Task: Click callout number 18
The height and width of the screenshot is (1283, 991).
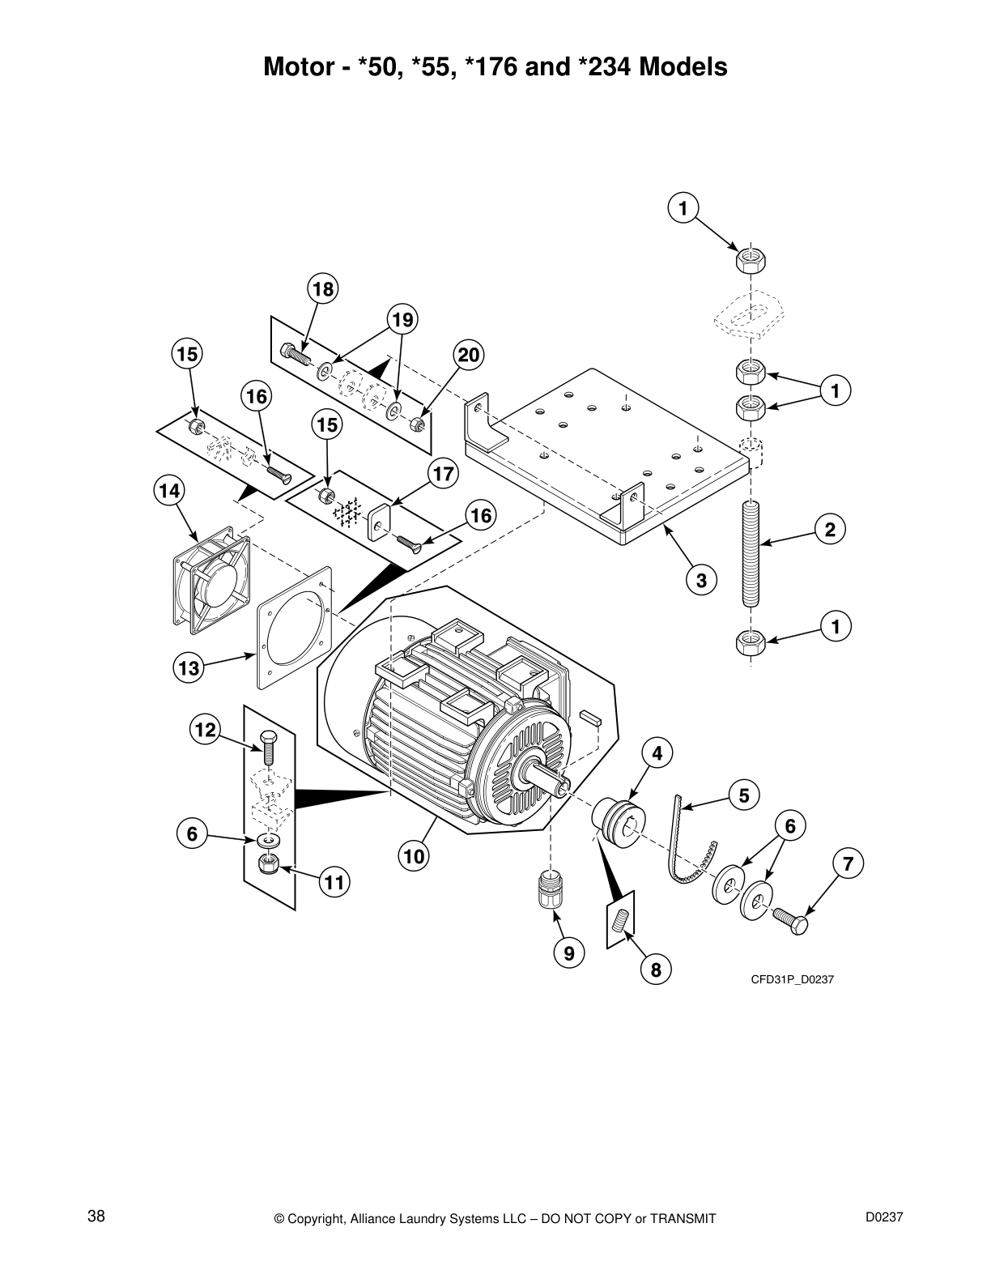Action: pos(323,290)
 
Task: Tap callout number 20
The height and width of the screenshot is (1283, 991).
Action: pos(469,355)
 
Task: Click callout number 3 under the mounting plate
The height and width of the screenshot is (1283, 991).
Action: pos(701,580)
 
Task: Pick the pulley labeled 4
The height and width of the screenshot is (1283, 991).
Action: pos(619,821)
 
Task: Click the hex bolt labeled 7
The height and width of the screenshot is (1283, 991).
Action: pos(789,921)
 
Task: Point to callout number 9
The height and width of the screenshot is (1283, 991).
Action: pos(569,953)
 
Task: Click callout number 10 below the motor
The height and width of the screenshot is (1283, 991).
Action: pos(414,855)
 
